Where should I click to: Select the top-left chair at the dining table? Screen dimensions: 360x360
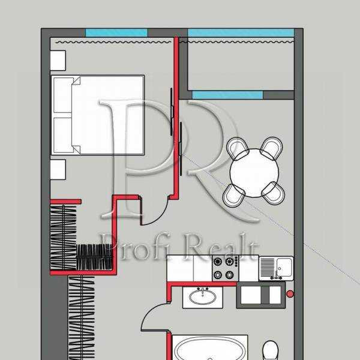(x=238, y=148)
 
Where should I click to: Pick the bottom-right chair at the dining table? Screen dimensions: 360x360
(x=274, y=192)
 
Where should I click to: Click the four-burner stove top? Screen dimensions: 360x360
(x=225, y=268)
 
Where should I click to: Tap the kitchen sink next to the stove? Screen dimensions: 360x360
(x=276, y=268)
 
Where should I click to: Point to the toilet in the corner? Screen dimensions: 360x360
(x=271, y=350)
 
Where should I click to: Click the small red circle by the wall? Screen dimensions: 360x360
(x=290, y=294)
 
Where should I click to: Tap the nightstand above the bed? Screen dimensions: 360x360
(x=58, y=61)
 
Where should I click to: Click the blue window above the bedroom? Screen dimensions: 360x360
(x=116, y=32)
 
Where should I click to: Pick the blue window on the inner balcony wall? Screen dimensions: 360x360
(x=227, y=95)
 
